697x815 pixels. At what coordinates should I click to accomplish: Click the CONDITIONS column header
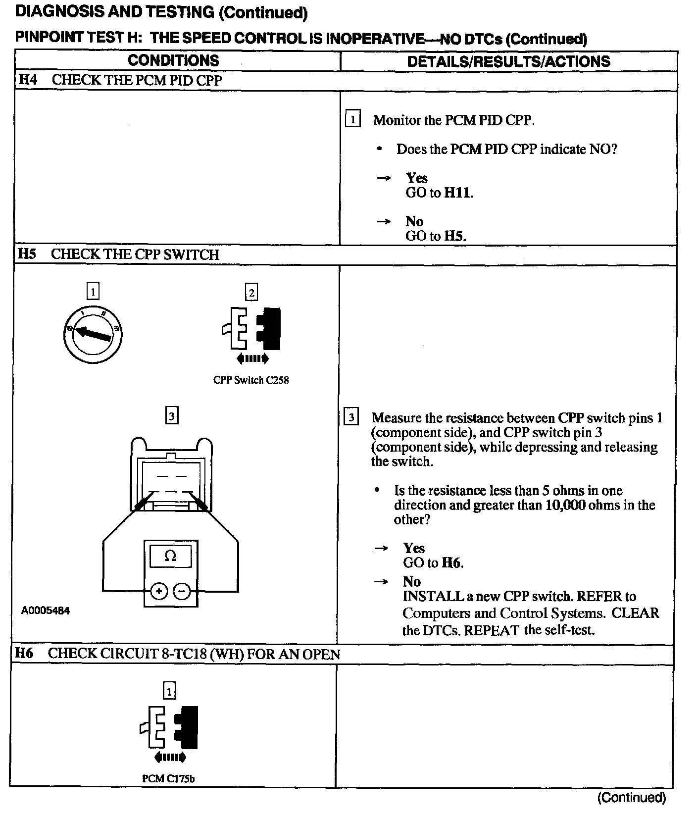pos(173,60)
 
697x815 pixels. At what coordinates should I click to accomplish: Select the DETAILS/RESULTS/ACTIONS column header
pos(508,61)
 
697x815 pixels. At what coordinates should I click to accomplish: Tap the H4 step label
pos(28,80)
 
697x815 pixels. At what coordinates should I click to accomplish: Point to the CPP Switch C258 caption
pos(251,380)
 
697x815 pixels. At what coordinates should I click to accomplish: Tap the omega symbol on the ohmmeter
pos(170,556)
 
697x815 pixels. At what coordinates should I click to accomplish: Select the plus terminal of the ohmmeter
pos(158,591)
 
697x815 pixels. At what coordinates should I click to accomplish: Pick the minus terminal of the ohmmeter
pos(182,591)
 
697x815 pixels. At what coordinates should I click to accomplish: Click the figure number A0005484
pos(46,611)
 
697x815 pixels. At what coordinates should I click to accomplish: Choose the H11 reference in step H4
pos(457,193)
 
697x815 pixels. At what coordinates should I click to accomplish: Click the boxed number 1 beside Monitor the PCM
pos(352,119)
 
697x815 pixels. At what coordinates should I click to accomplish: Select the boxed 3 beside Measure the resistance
pos(351,417)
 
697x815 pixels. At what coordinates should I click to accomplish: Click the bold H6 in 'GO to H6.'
pos(451,562)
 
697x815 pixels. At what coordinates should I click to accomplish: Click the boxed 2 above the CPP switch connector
pos(251,292)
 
